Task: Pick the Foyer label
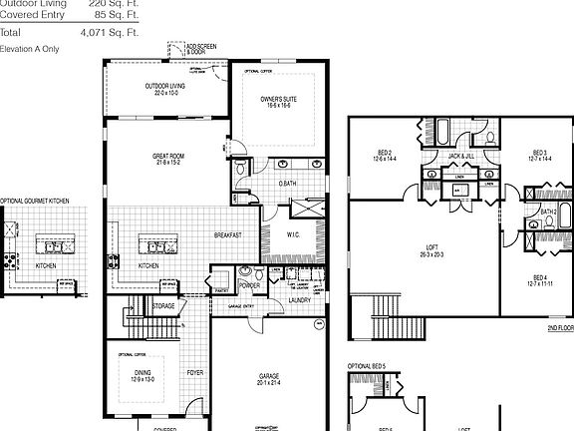[x=194, y=375]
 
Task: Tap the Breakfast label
[x=228, y=235]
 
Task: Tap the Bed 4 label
[x=539, y=278]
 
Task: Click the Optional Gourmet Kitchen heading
[x=35, y=202]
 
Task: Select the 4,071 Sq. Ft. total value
[x=114, y=33]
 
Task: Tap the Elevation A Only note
[x=30, y=48]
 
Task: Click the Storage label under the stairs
[x=164, y=306]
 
